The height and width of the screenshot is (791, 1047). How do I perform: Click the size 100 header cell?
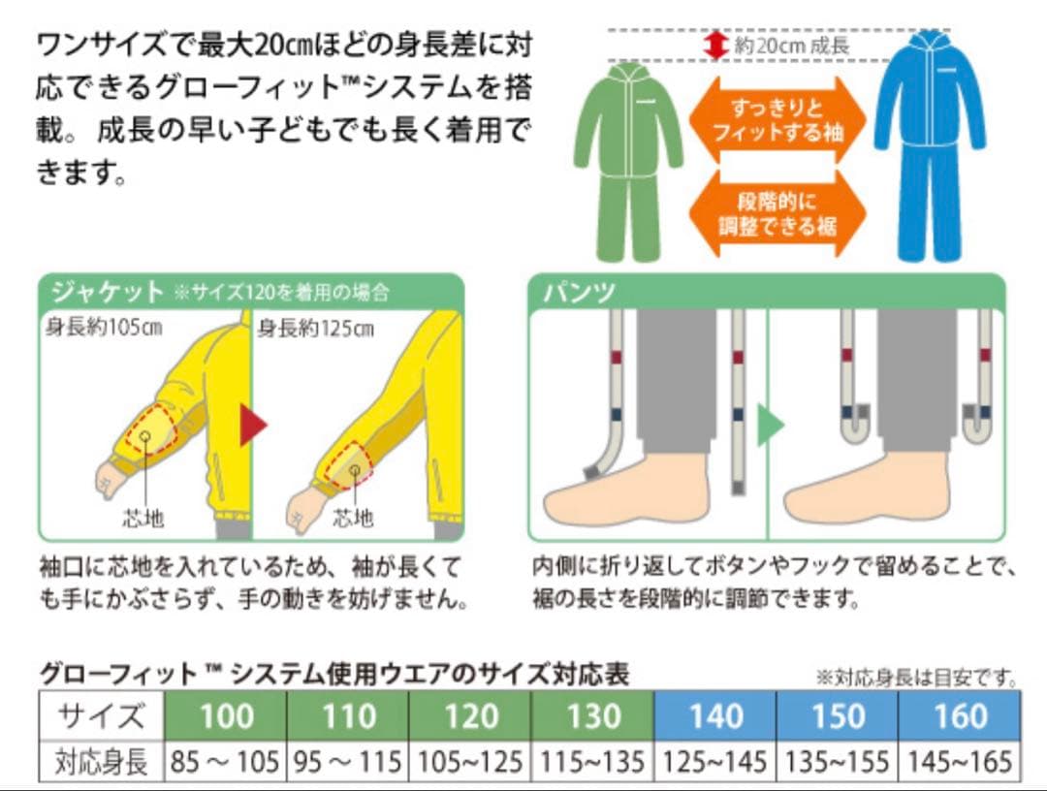(x=226, y=715)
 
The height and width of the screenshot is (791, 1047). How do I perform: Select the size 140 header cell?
(x=715, y=715)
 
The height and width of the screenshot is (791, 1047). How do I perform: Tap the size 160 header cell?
(x=960, y=715)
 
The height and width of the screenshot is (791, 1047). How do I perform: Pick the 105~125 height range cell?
(x=470, y=761)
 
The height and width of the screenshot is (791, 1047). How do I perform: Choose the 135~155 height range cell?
(x=838, y=761)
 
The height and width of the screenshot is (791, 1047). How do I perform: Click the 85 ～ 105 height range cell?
(x=226, y=761)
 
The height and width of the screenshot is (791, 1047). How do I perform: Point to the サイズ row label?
(x=102, y=715)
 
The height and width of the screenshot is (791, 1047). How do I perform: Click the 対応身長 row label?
(x=102, y=761)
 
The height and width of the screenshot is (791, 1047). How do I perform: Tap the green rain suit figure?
(x=627, y=160)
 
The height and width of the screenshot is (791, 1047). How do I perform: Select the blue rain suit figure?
(x=930, y=146)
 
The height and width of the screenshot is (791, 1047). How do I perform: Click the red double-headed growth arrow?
(x=715, y=46)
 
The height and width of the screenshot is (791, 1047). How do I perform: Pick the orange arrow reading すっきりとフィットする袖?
(x=777, y=120)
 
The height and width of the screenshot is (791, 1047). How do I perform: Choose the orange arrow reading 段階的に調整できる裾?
(x=777, y=213)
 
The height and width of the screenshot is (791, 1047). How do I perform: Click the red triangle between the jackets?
(x=252, y=426)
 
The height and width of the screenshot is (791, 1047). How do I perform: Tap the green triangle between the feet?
(x=770, y=426)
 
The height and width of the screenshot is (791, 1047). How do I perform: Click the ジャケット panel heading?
(x=107, y=292)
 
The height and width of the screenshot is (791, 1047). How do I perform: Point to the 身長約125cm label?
(x=316, y=329)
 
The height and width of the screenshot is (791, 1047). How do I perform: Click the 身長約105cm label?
(x=104, y=327)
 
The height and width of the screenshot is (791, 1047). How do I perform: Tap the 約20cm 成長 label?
(x=792, y=46)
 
